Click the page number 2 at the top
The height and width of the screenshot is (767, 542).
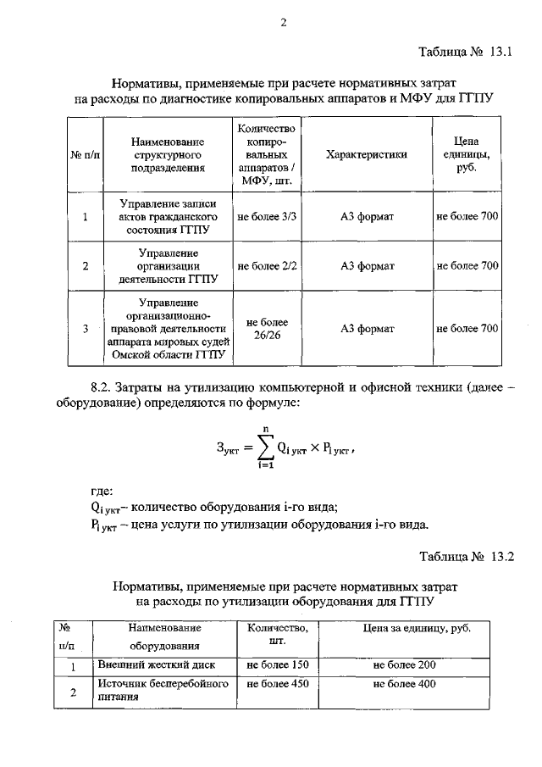point(284,23)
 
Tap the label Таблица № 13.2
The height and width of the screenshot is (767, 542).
point(467,557)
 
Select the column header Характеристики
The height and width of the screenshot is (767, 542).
point(367,155)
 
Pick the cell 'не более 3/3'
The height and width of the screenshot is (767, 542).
point(267,217)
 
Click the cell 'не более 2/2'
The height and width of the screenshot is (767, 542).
point(267,266)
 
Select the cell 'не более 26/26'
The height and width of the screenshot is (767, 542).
point(267,328)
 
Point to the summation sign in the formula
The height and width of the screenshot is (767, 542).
point(266,447)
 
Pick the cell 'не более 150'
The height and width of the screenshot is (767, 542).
point(277,665)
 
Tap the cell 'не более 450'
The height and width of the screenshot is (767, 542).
point(277,685)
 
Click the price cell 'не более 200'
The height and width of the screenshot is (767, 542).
point(404,665)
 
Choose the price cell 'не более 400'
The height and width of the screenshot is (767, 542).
point(404,685)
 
